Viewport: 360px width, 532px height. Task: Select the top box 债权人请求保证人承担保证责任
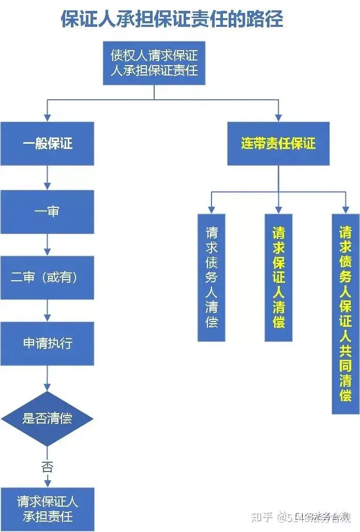point(154,63)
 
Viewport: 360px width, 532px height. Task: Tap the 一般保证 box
point(47,144)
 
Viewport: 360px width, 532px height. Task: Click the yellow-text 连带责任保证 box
point(278,144)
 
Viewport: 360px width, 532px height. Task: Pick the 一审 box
point(47,212)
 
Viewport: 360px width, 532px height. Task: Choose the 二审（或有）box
point(47,278)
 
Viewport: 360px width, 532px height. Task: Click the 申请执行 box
point(47,343)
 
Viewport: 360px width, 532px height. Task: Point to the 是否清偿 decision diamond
point(47,418)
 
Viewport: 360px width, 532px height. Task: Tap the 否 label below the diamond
point(47,467)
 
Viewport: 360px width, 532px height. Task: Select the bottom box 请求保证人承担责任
point(47,509)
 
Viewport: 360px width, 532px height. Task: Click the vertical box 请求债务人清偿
point(212,278)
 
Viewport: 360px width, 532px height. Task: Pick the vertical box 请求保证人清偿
point(278,278)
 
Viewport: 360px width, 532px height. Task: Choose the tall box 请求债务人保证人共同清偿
point(346,314)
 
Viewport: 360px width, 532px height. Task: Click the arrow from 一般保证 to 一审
point(47,177)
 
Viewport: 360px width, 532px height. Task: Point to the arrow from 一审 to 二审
point(47,245)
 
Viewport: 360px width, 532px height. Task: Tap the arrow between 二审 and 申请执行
point(47,310)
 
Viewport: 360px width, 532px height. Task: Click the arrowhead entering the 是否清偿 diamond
point(47,387)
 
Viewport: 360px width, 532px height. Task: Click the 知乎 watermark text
point(262,517)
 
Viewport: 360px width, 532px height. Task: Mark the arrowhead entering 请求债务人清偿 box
point(212,210)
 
